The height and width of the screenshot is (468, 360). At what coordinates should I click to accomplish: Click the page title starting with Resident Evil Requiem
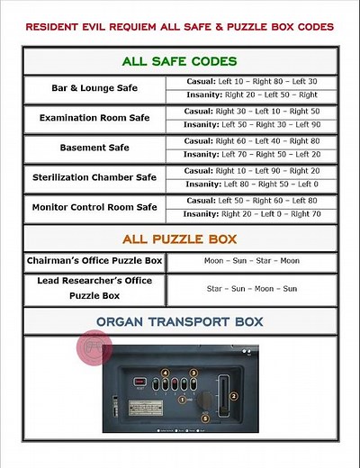(180, 28)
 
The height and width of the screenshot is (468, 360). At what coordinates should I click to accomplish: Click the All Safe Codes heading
(180, 61)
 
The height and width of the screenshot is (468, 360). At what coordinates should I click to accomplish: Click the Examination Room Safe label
(94, 118)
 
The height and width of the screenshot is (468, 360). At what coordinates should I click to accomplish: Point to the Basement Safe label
(94, 148)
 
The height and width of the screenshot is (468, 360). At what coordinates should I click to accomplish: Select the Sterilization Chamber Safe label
(94, 177)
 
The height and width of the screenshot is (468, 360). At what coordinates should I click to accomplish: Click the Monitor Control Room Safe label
(94, 207)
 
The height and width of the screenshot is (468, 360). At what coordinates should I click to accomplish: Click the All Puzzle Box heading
(180, 238)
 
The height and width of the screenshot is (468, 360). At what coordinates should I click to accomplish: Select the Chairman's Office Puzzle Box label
(94, 261)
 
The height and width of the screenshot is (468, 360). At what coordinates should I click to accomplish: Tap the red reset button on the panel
(140, 382)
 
